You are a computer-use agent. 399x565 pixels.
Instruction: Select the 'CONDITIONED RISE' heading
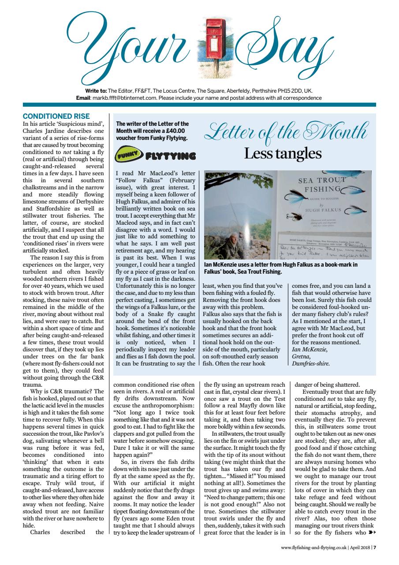[56, 117]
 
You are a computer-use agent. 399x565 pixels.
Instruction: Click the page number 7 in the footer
[375, 548]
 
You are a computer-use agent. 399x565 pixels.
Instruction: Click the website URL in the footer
[313, 548]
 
